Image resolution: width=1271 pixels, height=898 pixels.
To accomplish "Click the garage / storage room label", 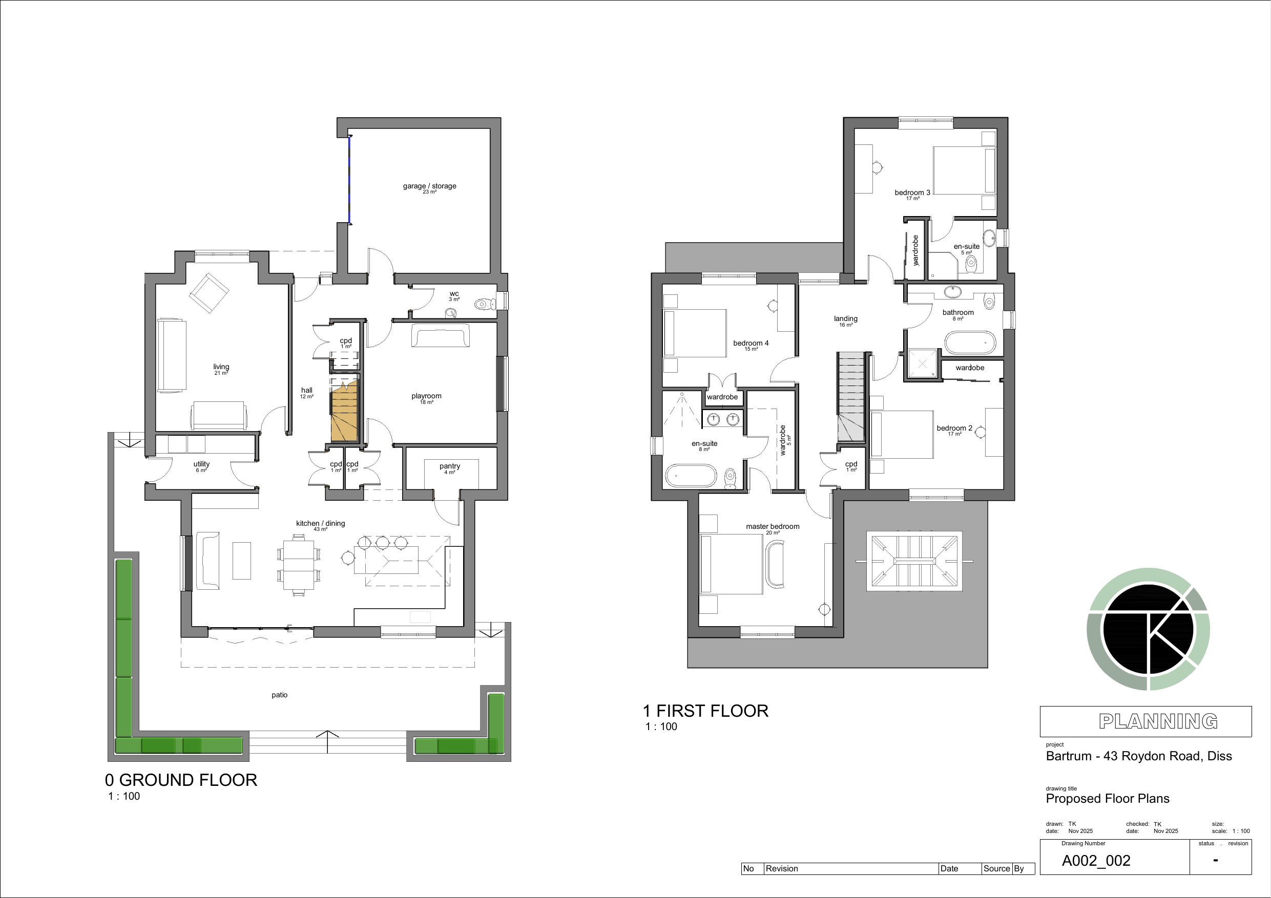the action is tap(430, 186).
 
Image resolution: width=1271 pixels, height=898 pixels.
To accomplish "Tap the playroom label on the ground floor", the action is tap(426, 396).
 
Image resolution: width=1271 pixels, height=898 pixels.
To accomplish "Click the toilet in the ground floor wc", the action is tap(485, 304).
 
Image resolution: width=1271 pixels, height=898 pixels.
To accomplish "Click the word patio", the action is tap(280, 695).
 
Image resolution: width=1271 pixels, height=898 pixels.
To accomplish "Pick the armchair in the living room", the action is tap(209, 293).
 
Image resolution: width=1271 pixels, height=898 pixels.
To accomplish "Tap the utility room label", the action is tap(201, 464).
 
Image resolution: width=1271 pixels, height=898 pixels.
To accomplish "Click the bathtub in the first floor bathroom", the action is tap(970, 343).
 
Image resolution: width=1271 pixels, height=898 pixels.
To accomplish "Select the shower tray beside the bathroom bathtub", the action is tap(923, 364).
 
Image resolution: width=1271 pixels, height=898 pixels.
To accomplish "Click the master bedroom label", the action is tap(773, 527).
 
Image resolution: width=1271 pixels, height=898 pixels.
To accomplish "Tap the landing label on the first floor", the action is tap(845, 318).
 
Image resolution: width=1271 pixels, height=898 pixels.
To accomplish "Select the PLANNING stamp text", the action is tap(1158, 721).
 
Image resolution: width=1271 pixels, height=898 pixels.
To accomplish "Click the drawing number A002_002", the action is tap(1096, 861).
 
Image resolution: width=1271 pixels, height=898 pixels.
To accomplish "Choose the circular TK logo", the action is tap(1148, 629).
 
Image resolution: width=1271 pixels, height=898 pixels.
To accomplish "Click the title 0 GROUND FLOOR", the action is tap(181, 780).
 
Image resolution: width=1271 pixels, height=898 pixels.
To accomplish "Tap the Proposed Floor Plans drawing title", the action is tap(1108, 798).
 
